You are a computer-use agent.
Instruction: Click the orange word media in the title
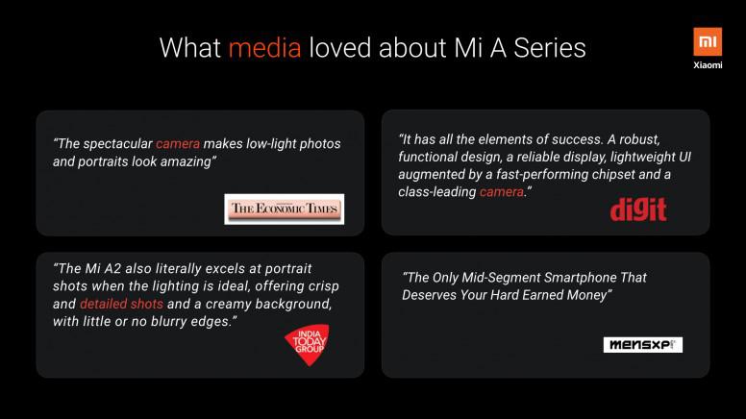pyautogui.click(x=264, y=48)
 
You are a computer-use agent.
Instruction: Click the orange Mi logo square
pyautogui.click(x=708, y=42)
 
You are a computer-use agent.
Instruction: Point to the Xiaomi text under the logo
pyautogui.click(x=708, y=65)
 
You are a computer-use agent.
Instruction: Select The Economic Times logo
pyautogui.click(x=284, y=209)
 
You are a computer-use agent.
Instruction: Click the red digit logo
pyautogui.click(x=638, y=209)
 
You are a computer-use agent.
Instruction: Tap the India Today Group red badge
pyautogui.click(x=308, y=344)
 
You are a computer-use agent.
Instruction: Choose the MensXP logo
pyautogui.click(x=643, y=345)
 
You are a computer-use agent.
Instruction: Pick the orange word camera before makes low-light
pyautogui.click(x=178, y=143)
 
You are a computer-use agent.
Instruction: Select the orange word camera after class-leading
pyautogui.click(x=502, y=191)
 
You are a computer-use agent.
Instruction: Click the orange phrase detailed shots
pyautogui.click(x=121, y=304)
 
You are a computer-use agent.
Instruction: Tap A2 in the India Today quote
pyautogui.click(x=112, y=269)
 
